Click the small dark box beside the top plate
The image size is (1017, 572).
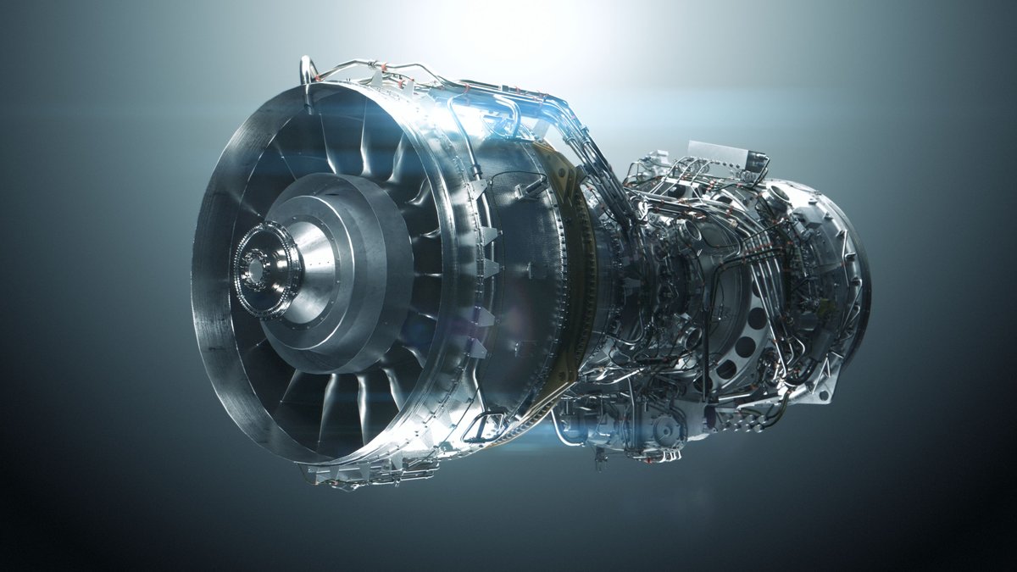click(x=757, y=161)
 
